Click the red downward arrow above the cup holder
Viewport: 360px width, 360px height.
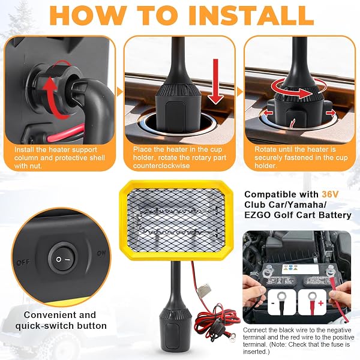click(x=215, y=81)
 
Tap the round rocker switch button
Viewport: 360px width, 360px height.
click(x=62, y=259)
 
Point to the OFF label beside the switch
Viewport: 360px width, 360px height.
click(x=23, y=262)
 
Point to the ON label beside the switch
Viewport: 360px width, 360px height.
click(x=101, y=253)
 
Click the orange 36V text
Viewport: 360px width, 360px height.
click(x=330, y=194)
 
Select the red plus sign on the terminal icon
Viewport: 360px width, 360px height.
click(x=321, y=303)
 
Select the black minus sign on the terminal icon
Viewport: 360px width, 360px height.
click(x=273, y=303)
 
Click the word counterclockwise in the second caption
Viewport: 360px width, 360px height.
click(x=161, y=166)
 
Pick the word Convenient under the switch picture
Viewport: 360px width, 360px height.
click(x=60, y=315)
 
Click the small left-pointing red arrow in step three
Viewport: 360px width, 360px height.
click(x=268, y=113)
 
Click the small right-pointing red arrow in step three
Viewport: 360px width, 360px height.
click(x=331, y=113)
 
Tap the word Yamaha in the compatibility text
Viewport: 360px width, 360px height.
click(x=305, y=205)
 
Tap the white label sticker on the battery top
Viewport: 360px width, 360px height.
click(x=301, y=269)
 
